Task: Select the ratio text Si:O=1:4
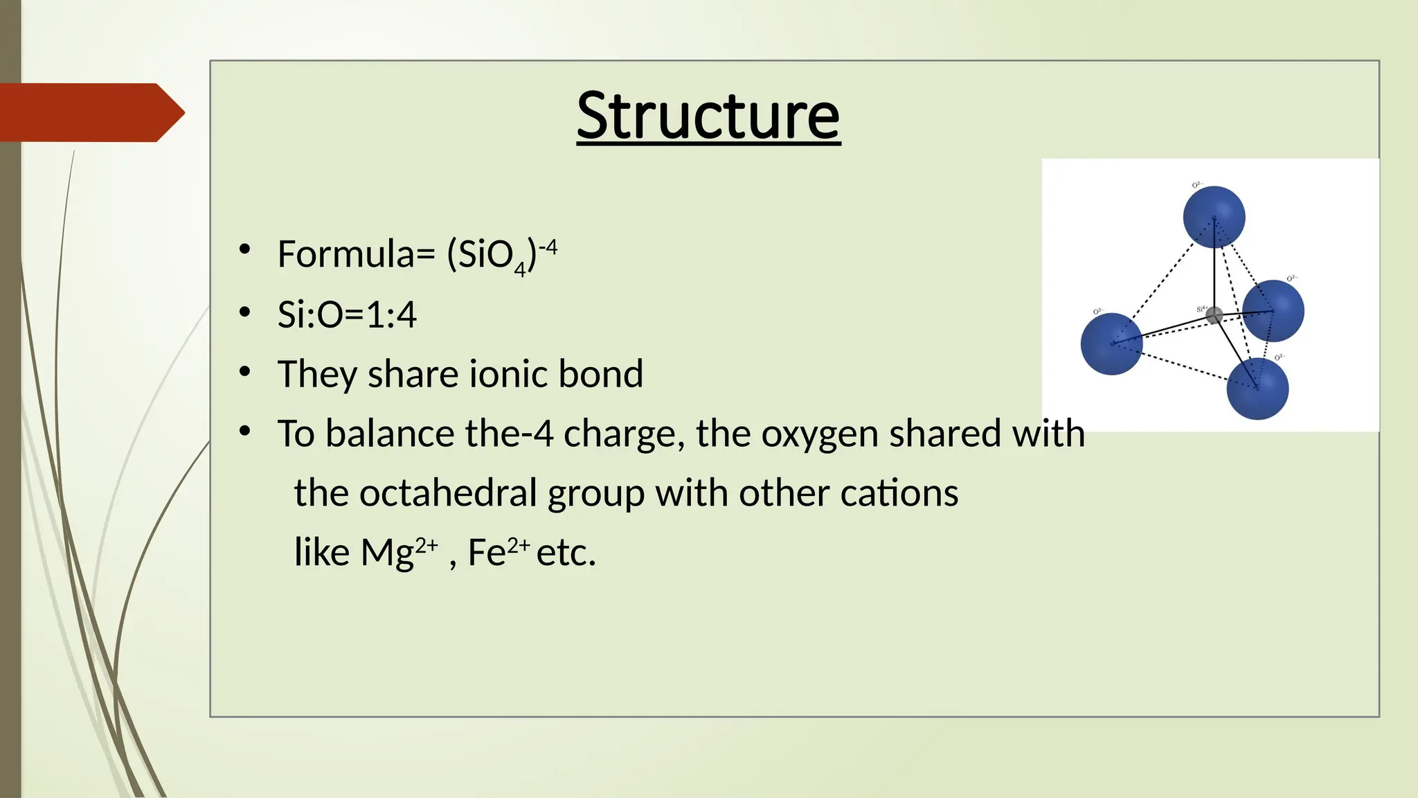[347, 314]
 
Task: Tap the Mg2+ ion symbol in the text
[399, 552]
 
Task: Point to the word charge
[624, 434]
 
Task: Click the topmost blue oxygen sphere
[1214, 217]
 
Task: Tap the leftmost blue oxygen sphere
[1111, 344]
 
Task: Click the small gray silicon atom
[1214, 316]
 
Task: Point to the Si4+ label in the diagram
[1201, 308]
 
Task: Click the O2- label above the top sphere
[1197, 185]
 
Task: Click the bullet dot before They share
[244, 372]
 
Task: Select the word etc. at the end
[566, 552]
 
